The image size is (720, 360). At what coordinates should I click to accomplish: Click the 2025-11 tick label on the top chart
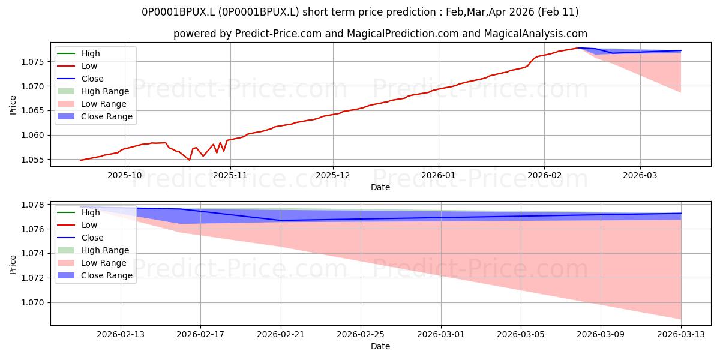click(x=230, y=175)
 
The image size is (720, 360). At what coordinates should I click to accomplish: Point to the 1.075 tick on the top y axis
click(x=32, y=62)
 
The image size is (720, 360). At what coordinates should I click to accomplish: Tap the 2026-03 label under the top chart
click(x=640, y=175)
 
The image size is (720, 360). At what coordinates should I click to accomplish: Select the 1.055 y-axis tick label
click(x=32, y=160)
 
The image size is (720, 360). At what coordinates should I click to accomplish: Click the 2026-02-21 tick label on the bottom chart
click(x=281, y=335)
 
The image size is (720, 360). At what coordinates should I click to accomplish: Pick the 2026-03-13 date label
click(x=681, y=335)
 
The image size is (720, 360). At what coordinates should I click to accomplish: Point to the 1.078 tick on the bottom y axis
click(x=32, y=205)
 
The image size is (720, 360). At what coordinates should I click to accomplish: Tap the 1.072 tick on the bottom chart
click(x=32, y=278)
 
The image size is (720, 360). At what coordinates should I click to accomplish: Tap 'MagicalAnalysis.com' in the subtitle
click(x=535, y=34)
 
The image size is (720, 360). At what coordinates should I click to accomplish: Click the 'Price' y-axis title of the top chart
click(x=13, y=105)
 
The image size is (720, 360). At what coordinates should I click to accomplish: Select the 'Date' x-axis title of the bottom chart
click(x=380, y=346)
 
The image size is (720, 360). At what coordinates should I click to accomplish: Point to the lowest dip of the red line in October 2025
click(x=190, y=160)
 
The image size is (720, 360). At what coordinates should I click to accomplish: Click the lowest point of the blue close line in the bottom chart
click(x=281, y=221)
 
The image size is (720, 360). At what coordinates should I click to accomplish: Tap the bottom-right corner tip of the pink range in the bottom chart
click(x=681, y=319)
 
